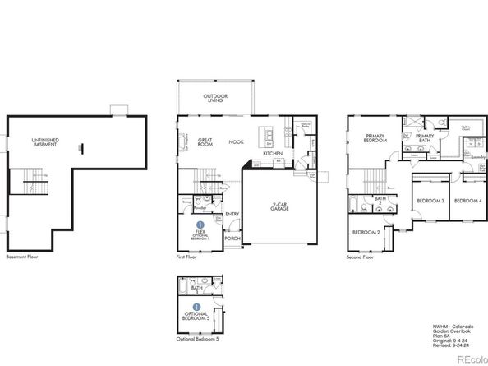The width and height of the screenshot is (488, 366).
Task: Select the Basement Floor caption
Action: [22, 257]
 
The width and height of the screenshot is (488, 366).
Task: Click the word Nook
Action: [237, 141]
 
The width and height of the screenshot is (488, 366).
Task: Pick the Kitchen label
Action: [273, 154]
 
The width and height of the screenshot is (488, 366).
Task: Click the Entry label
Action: [232, 214]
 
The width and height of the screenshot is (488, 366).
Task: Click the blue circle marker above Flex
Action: [200, 224]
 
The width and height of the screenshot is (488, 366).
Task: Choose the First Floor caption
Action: [187, 257]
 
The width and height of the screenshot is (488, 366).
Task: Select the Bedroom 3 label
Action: [430, 201]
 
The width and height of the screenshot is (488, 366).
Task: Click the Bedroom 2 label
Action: [366, 233]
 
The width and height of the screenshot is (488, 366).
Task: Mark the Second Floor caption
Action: [361, 257]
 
